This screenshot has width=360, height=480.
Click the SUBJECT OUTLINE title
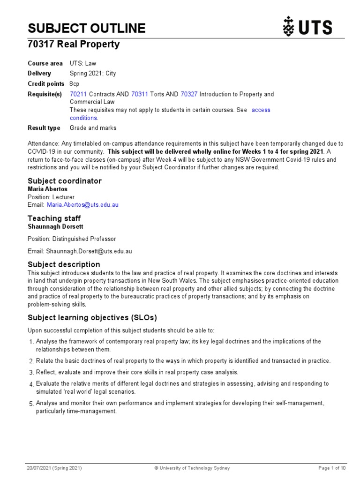[86, 29]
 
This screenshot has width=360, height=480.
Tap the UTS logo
[307, 27]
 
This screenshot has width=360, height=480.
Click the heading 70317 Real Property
[74, 45]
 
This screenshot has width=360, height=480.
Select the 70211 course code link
[78, 94]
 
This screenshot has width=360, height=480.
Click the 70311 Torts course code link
[140, 94]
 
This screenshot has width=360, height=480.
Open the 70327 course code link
[189, 94]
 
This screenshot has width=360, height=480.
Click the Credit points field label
[46, 84]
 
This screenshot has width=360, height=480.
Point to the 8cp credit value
[75, 84]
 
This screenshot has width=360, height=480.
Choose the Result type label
[44, 128]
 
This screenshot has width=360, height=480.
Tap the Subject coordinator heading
[64, 181]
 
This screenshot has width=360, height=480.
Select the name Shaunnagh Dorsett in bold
[56, 226]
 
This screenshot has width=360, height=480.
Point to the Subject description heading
[64, 264]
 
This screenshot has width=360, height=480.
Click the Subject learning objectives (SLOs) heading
[92, 317]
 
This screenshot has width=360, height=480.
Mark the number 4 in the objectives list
[31, 384]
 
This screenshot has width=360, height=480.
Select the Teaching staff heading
[54, 218]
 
